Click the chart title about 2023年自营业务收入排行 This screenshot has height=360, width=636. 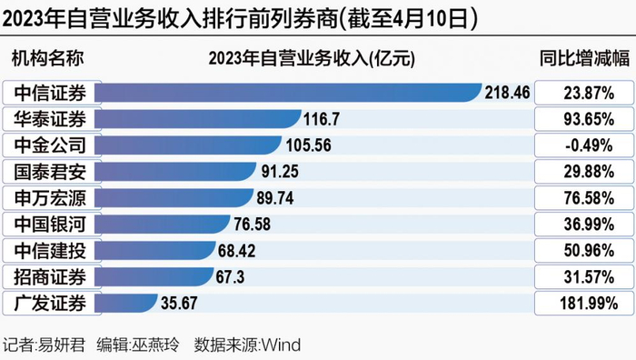(x=240, y=19)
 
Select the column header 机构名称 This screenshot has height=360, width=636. (x=48, y=58)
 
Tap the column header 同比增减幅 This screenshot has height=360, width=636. (x=584, y=58)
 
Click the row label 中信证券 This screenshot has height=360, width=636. (x=50, y=93)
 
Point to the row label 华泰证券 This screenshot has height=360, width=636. (x=50, y=119)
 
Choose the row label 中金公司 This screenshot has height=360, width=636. (x=50, y=145)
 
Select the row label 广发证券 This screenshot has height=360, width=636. (x=50, y=303)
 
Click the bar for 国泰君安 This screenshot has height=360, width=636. (x=175, y=171)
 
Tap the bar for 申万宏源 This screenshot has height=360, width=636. (x=174, y=197)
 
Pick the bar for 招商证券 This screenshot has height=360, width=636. (x=154, y=276)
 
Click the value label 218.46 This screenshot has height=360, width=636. (x=507, y=93)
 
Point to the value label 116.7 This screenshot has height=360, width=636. (x=322, y=119)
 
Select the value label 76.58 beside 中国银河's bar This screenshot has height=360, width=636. (x=252, y=224)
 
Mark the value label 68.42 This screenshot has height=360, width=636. (x=236, y=250)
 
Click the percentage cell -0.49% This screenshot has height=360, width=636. (x=589, y=145)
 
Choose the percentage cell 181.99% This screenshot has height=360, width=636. (x=589, y=303)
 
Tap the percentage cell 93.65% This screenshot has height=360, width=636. (x=589, y=119)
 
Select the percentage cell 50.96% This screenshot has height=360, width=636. (x=589, y=250)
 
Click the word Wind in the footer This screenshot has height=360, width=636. (x=281, y=345)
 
